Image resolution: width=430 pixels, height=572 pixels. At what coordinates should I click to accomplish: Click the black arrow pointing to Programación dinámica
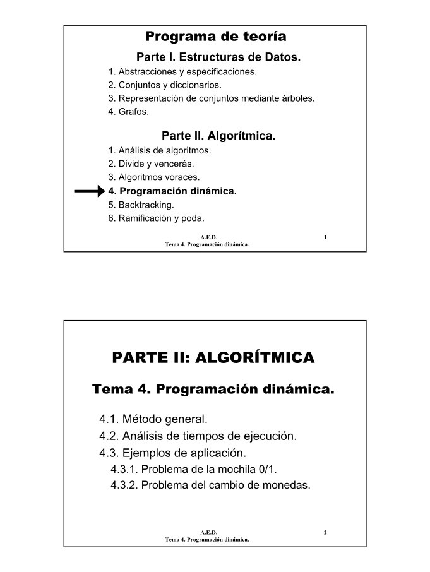88,191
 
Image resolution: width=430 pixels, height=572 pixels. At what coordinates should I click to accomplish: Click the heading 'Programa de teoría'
215,36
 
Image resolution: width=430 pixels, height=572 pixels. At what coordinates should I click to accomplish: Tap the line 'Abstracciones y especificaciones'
182,71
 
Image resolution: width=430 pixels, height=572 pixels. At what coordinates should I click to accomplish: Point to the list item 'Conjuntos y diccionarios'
165,85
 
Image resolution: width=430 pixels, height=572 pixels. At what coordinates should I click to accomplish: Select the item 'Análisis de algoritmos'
160,150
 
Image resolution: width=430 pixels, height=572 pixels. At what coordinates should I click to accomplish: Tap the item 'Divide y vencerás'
151,164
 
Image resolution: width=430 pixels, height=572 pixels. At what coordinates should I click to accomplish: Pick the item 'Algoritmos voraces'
154,177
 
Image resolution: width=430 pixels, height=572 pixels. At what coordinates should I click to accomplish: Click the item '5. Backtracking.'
141,205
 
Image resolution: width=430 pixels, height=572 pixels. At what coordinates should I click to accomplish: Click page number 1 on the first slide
325,237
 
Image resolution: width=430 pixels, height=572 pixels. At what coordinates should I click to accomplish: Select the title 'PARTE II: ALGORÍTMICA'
213,358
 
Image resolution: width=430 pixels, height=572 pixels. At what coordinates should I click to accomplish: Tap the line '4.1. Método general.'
153,419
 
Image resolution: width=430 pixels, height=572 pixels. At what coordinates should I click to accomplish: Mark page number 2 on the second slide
325,533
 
